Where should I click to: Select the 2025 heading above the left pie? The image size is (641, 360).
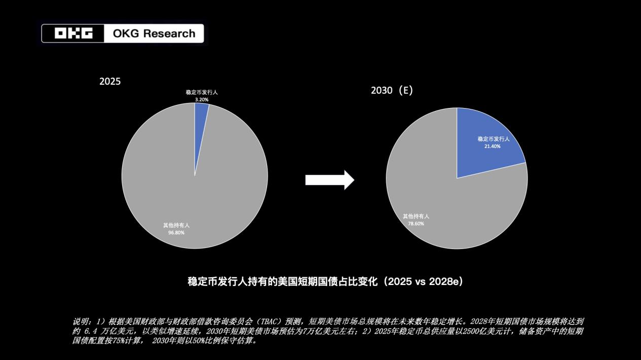click(x=110, y=81)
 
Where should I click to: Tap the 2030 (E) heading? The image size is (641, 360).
click(x=392, y=91)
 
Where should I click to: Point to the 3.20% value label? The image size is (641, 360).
click(x=202, y=100)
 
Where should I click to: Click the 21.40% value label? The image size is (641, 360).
click(x=492, y=147)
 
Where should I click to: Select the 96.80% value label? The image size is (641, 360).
click(x=176, y=233)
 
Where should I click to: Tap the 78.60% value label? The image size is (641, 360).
click(x=416, y=224)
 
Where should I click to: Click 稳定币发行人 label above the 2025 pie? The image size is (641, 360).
click(x=202, y=93)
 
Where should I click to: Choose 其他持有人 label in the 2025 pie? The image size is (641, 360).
click(x=176, y=225)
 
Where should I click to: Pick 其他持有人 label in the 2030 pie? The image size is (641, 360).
click(x=416, y=216)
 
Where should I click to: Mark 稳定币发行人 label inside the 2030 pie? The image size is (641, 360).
click(x=493, y=138)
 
